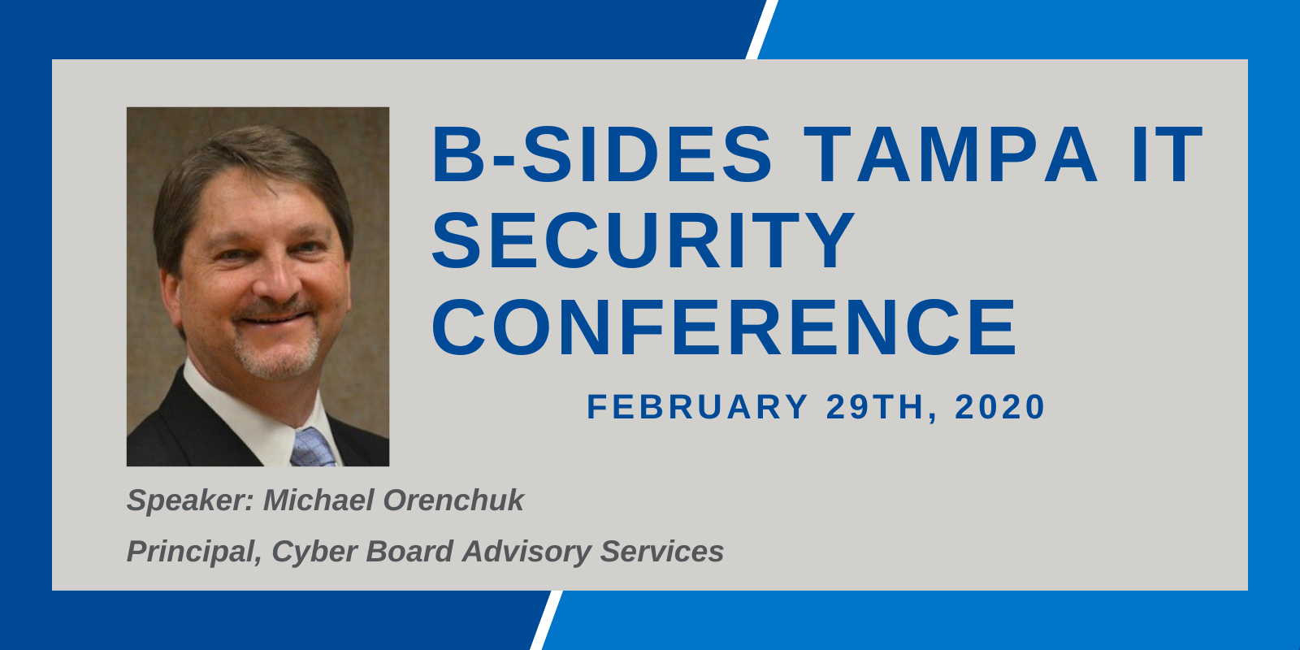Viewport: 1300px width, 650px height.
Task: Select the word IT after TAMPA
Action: (x=1167, y=154)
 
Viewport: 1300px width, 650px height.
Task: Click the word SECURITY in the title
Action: (x=643, y=240)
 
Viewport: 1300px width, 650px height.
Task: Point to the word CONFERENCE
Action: (x=724, y=326)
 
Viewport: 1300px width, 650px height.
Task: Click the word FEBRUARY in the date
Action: (x=697, y=406)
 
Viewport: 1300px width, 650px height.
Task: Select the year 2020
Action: (x=999, y=406)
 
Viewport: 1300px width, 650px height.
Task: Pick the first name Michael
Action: (x=318, y=500)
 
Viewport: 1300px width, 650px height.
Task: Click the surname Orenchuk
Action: (x=454, y=500)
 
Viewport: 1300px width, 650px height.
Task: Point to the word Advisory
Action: (x=526, y=552)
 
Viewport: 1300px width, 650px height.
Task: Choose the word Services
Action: (x=662, y=551)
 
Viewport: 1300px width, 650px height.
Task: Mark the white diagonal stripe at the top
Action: (x=761, y=29)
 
